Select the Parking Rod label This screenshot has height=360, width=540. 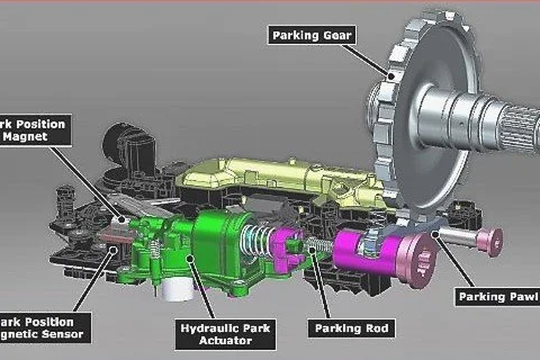(x=351, y=330)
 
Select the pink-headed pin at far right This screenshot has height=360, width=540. (x=490, y=241)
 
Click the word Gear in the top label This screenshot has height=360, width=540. (x=330, y=34)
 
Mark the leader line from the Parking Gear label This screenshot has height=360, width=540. (x=367, y=58)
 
